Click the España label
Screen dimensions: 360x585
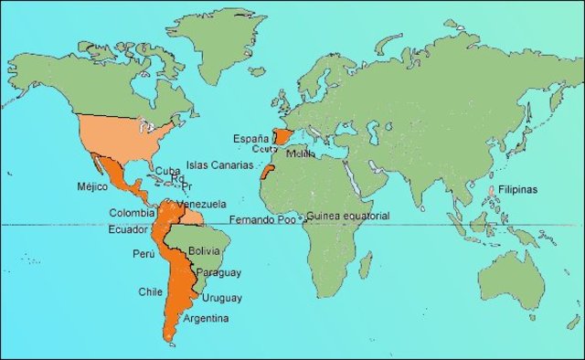coord(250,138)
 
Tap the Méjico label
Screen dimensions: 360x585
coord(92,186)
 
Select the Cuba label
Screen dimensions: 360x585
coord(167,171)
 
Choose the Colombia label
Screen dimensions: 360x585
coord(132,214)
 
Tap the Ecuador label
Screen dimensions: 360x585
coord(128,229)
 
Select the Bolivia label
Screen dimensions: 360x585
coord(204,249)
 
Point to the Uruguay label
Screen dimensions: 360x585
coord(222,298)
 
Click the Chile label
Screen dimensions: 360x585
coord(150,291)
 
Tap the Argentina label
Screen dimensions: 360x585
coord(207,318)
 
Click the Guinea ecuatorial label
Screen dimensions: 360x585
coord(348,216)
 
